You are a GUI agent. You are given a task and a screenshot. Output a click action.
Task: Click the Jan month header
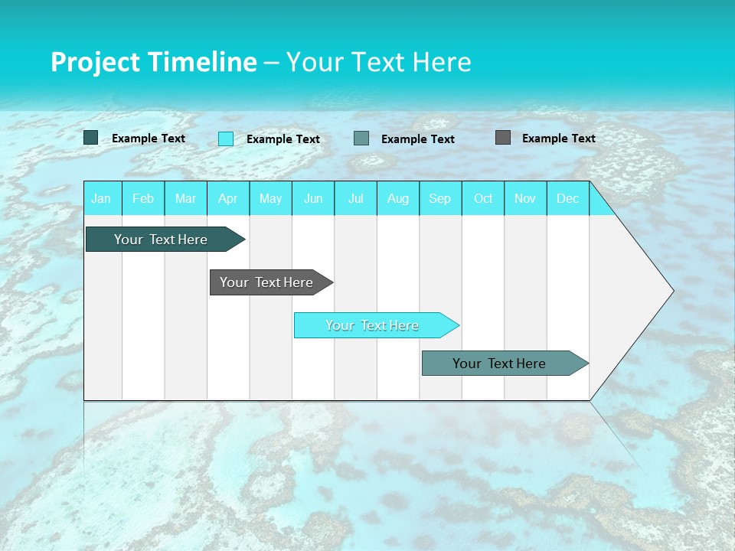(101, 198)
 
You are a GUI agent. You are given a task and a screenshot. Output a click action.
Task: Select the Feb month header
(143, 198)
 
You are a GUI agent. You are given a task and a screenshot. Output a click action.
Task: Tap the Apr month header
(228, 198)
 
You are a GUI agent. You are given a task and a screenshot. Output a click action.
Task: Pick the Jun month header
(313, 198)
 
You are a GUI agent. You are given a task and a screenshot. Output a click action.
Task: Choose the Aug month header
(398, 198)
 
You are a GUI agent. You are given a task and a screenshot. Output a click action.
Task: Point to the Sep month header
(440, 198)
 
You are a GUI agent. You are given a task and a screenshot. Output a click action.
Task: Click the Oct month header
(483, 198)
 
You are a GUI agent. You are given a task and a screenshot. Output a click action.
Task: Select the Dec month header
(568, 198)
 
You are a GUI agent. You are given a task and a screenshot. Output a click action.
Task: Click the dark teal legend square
(91, 138)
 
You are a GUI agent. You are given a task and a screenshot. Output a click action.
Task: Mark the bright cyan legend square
(226, 139)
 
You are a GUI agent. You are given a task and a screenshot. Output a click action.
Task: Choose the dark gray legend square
(503, 138)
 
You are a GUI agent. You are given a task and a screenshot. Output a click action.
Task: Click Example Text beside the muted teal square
(418, 139)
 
